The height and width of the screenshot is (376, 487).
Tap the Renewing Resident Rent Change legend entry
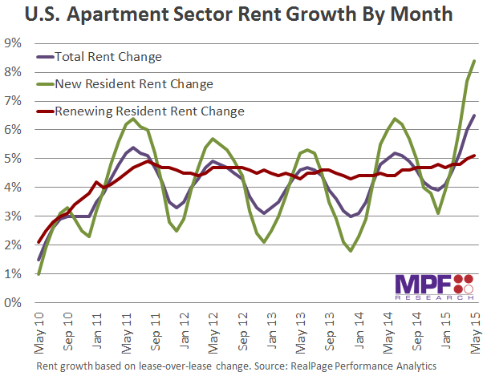[x=148, y=110]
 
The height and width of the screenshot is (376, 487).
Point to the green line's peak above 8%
[x=474, y=61]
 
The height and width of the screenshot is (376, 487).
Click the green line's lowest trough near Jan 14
[x=351, y=251]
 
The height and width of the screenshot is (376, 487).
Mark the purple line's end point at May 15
[x=474, y=115]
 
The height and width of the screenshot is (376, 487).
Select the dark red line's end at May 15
[x=474, y=156]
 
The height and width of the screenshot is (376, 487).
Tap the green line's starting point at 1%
[x=39, y=274]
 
